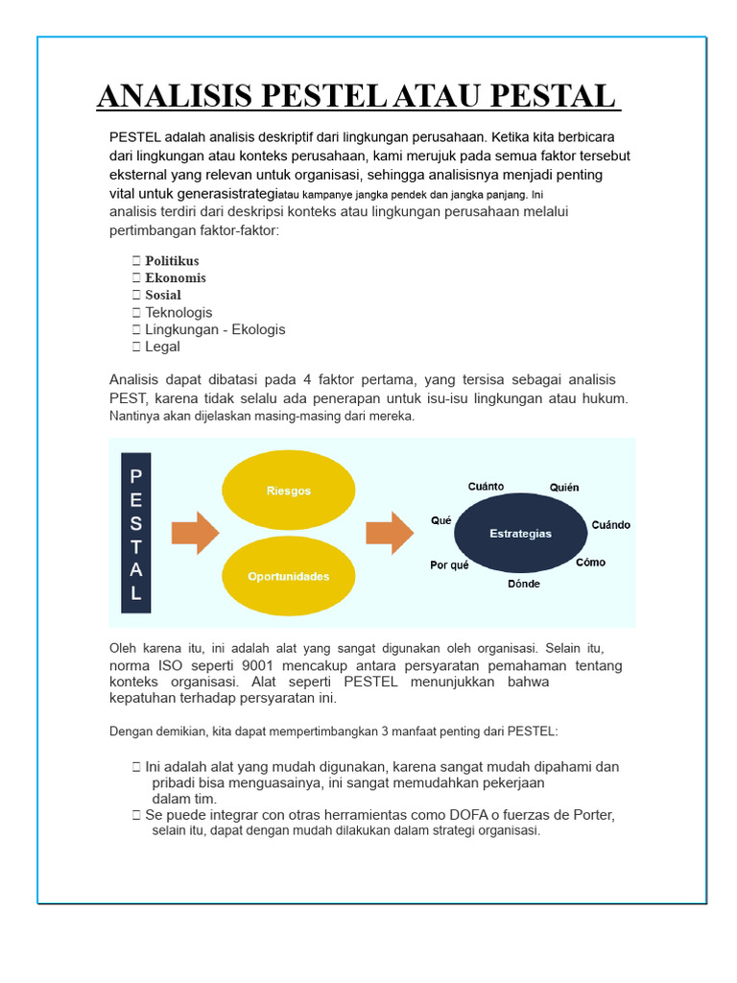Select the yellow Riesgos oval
pos(288,491)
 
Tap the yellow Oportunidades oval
pos(288,576)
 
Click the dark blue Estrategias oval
pos(520,534)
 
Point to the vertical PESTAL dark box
pos(136,534)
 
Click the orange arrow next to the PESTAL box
pos(194,533)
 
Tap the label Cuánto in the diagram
pos(486,487)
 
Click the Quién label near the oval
pos(564,488)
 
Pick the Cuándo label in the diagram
pos(610,525)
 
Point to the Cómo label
pos(590,563)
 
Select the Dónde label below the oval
pos(524,584)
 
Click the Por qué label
pos(449,565)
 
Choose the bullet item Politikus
pos(172,261)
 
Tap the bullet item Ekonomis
pos(176,278)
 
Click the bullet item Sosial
pos(163,296)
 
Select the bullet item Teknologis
pos(178,313)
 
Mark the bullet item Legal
pos(162,347)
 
